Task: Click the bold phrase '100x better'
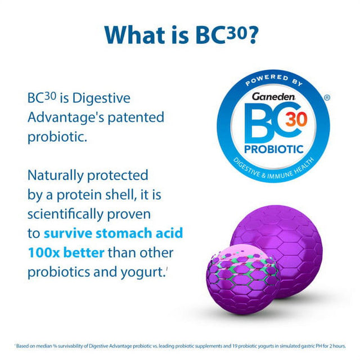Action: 66,252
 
